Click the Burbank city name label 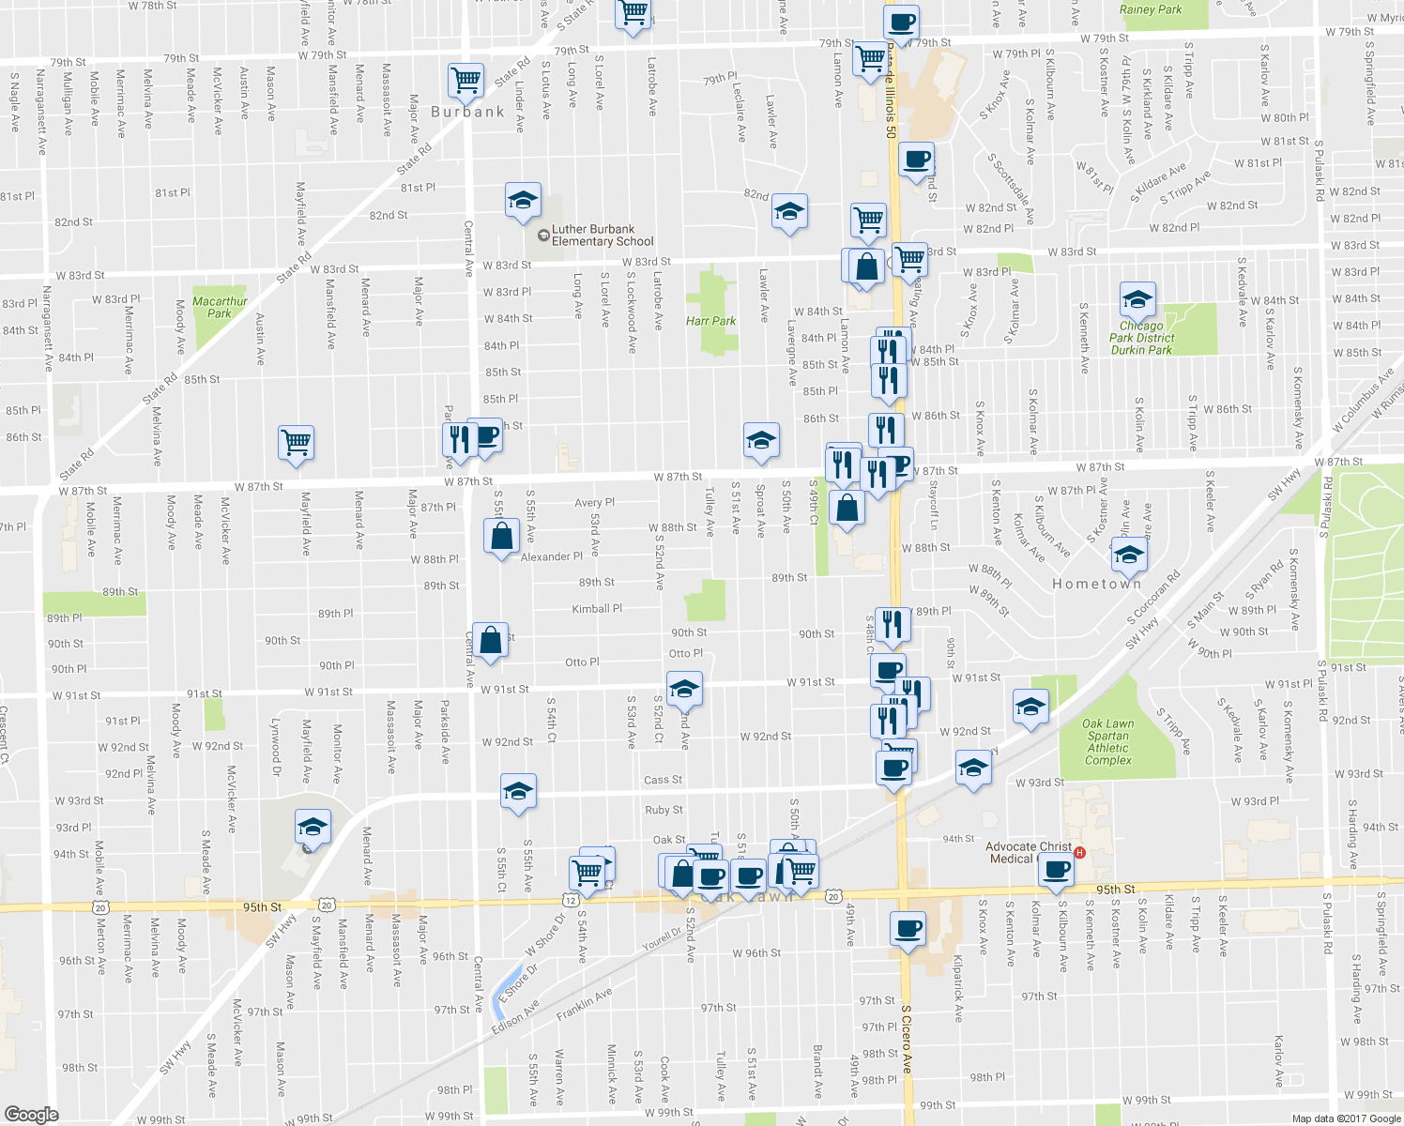point(467,112)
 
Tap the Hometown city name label point(1096,584)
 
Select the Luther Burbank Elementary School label point(602,236)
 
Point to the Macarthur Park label point(220,308)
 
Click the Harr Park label point(710,321)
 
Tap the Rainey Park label point(1151,9)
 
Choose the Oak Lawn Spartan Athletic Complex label point(1108,742)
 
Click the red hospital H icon point(1079,853)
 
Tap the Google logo point(32,1114)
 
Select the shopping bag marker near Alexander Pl point(502,537)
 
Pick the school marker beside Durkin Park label point(1137,300)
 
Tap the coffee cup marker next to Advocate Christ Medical point(1057,870)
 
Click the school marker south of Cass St point(518,791)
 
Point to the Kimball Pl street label point(597,609)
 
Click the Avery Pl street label point(594,503)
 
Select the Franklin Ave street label point(584,1003)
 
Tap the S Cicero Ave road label point(907,1040)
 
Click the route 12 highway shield point(571,899)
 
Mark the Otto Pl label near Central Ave point(582,662)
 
